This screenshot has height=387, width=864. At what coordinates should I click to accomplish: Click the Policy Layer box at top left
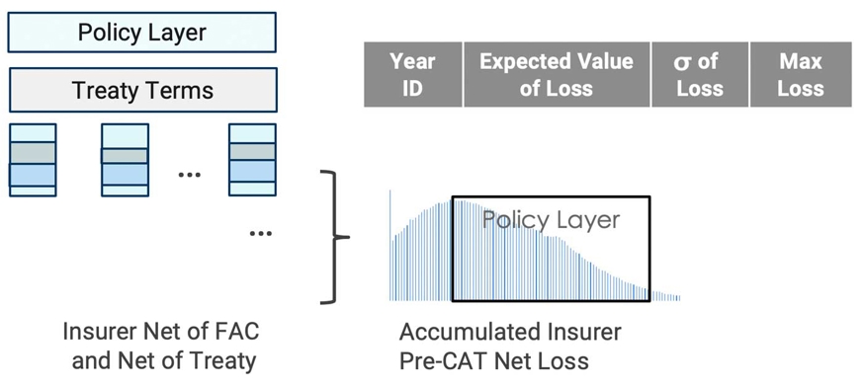(x=141, y=32)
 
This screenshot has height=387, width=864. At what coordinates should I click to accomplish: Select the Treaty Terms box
(x=141, y=91)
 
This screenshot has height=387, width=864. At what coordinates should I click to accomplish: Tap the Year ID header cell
(x=412, y=74)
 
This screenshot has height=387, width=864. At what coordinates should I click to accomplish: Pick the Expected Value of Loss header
(x=556, y=74)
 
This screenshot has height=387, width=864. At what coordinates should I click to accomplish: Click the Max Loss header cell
(x=801, y=74)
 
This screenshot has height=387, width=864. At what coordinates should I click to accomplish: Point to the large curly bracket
(x=337, y=237)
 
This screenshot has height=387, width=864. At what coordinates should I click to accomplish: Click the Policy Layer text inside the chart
(x=551, y=219)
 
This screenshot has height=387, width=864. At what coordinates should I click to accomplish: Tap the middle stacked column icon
(x=125, y=162)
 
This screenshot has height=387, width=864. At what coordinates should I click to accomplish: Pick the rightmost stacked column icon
(x=252, y=162)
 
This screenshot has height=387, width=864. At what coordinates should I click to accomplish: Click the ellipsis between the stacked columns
(x=189, y=175)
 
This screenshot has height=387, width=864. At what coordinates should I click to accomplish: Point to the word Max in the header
(x=801, y=61)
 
